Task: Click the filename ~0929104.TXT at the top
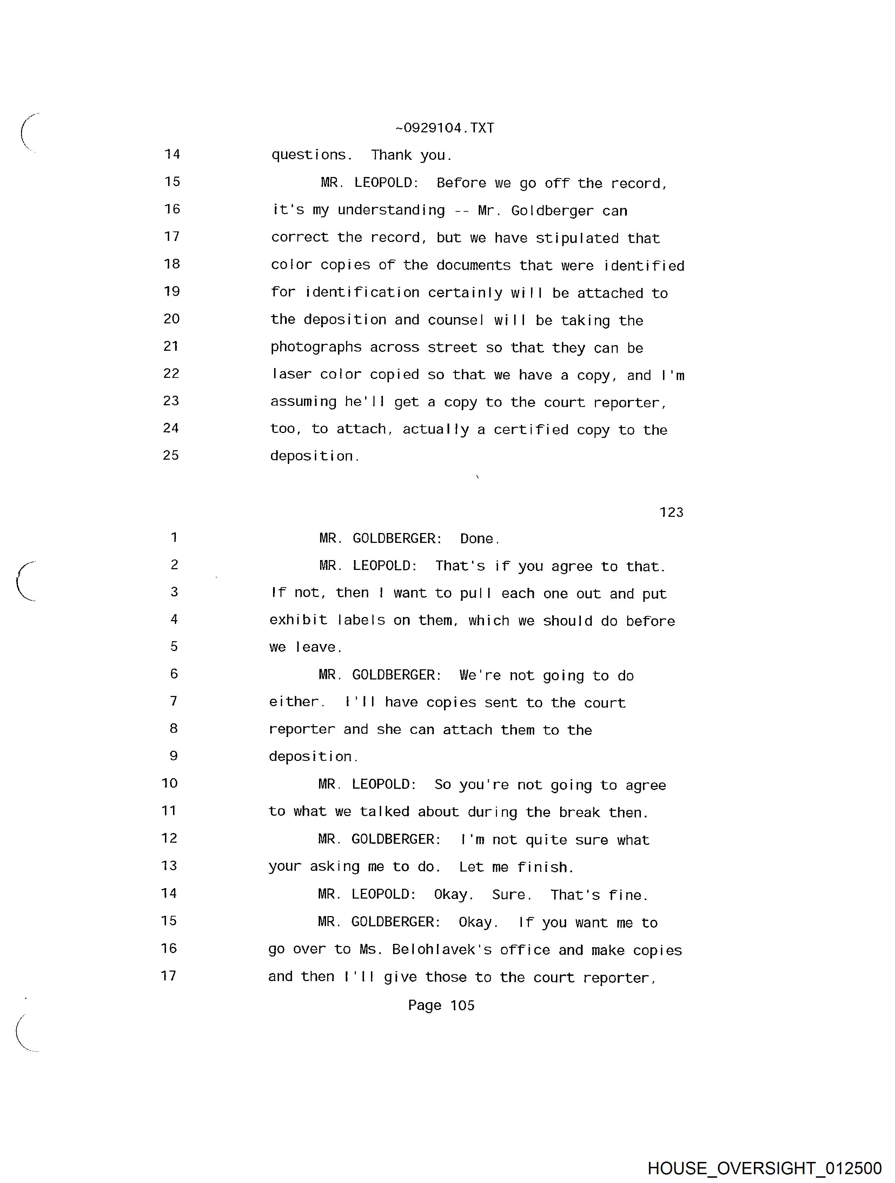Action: point(444,129)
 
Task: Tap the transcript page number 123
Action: point(671,512)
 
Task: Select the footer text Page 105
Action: point(441,1005)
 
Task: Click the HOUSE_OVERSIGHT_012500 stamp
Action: point(764,1168)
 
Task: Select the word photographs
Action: point(316,348)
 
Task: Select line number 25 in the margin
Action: point(171,455)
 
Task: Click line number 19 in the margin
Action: point(172,291)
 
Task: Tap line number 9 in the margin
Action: point(173,756)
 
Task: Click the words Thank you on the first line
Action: point(411,155)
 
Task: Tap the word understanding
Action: point(391,210)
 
